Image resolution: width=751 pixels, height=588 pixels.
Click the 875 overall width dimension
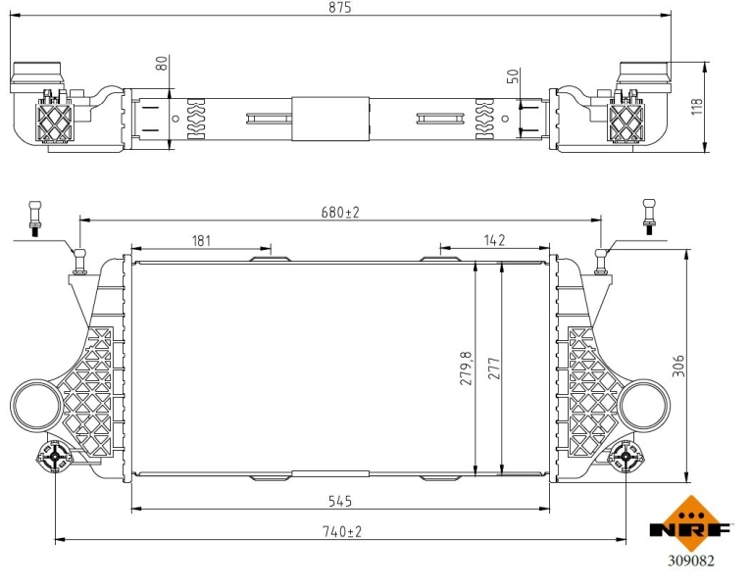click(340, 8)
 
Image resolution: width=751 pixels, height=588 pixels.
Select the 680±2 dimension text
click(340, 213)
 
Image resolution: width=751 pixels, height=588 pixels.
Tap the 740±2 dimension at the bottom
click(340, 531)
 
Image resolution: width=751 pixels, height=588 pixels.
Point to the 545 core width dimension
click(340, 501)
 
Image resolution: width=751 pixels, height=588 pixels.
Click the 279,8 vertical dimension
click(467, 367)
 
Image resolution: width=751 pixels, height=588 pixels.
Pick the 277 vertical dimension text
click(493, 368)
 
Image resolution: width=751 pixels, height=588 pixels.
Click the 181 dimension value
click(202, 240)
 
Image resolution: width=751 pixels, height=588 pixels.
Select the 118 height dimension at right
click(697, 107)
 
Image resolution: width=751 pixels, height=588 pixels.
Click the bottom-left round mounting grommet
click(55, 457)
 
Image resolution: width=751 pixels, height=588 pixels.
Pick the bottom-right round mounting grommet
click(626, 457)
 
